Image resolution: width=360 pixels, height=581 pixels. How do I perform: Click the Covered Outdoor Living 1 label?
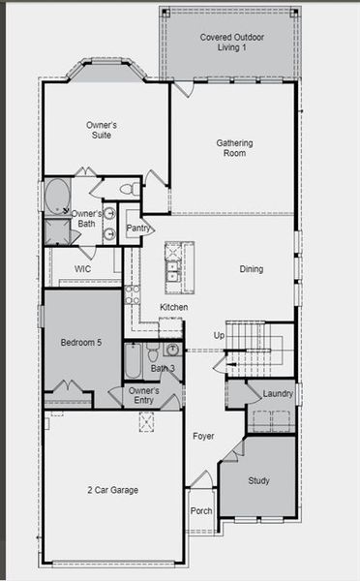tap(229, 41)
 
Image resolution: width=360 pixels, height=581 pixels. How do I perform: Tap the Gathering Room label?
tap(234, 148)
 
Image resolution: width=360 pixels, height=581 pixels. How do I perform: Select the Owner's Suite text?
tap(102, 130)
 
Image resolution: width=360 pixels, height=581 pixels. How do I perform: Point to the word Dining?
tap(252, 269)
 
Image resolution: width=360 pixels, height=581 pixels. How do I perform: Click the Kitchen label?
tap(174, 307)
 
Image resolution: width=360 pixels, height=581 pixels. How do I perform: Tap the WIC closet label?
tap(82, 269)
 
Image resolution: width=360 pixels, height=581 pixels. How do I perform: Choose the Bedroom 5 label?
tap(80, 342)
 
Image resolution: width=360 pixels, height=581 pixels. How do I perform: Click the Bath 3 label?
tap(163, 369)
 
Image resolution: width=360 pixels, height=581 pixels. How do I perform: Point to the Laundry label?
tap(278, 394)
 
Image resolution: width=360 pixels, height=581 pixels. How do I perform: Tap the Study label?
tap(258, 480)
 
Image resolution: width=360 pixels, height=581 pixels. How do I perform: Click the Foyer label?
tap(202, 437)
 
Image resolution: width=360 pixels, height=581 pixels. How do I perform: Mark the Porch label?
tap(200, 511)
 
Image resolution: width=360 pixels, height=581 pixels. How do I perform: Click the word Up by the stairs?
tap(219, 335)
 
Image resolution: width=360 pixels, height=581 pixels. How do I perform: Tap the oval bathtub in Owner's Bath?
tap(57, 196)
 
